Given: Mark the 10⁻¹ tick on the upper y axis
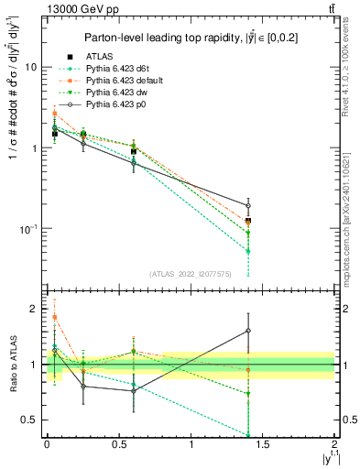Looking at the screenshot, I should [x=29, y=228].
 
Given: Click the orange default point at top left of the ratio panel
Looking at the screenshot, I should [x=55, y=317].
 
